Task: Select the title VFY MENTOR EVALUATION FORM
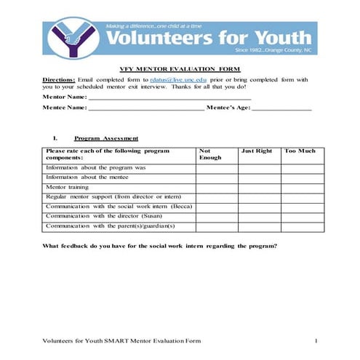[180, 66]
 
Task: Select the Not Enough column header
[211, 154]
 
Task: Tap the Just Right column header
[256, 151]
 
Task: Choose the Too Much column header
[300, 151]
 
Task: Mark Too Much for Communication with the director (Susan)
[303, 216]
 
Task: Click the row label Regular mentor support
[119, 196]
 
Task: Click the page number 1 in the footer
[317, 340]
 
